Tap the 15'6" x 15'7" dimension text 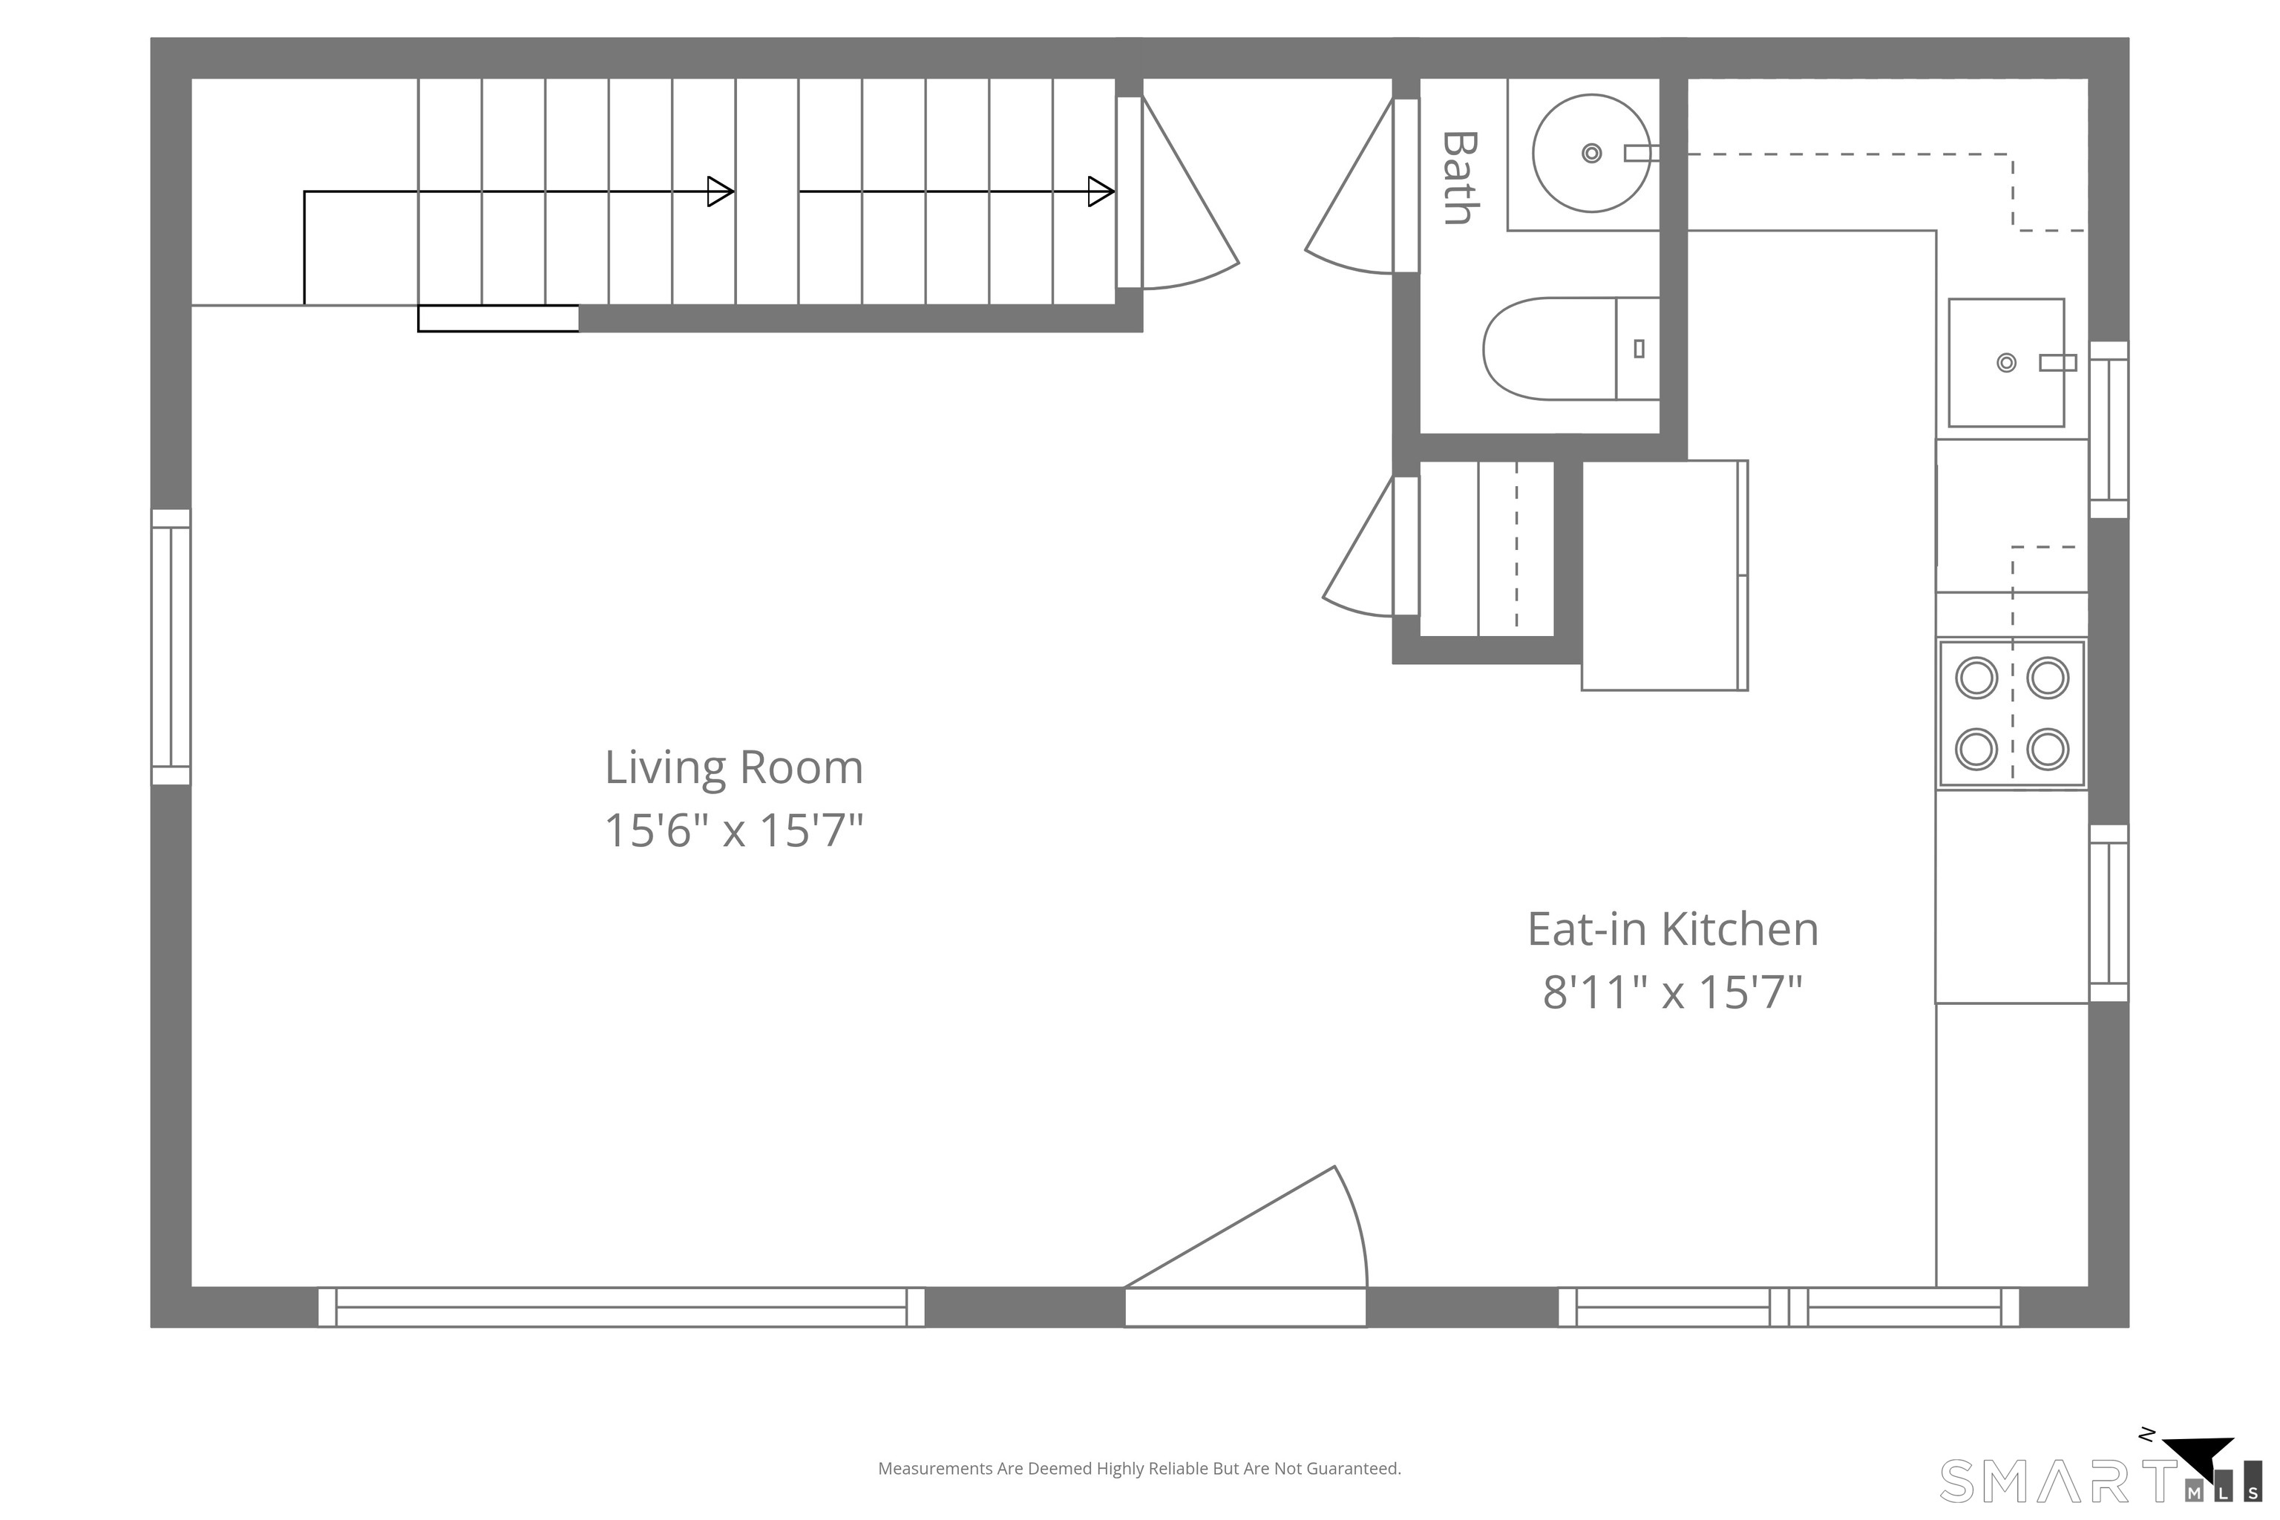point(734,831)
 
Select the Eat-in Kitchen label point(1672,930)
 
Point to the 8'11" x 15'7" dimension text point(1672,992)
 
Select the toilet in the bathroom point(1571,349)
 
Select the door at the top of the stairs point(1177,192)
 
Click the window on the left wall point(171,646)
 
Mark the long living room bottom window point(621,1307)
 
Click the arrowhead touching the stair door point(1101,192)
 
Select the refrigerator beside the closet point(1665,576)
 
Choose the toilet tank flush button point(1639,349)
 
